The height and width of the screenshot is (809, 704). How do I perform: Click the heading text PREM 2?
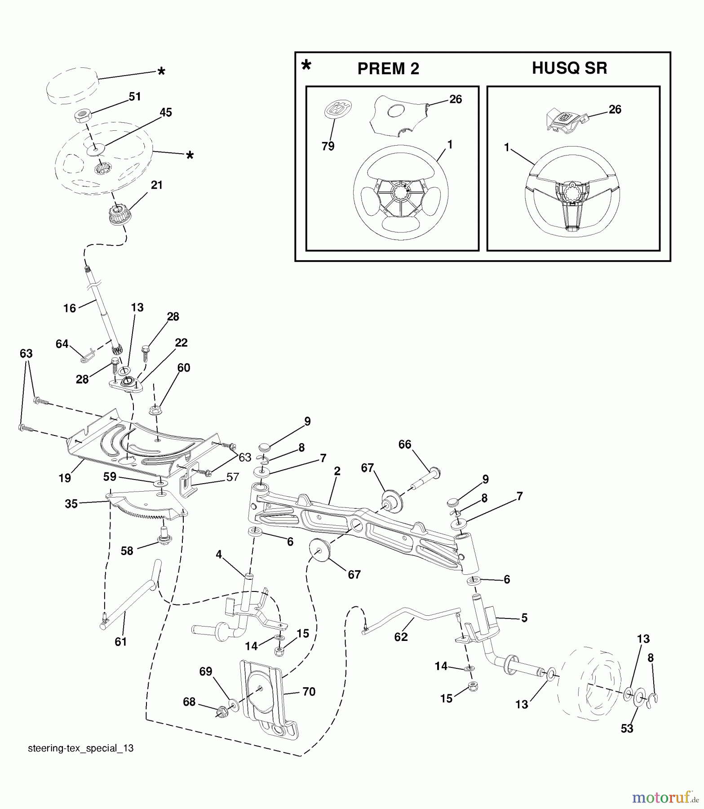(x=388, y=69)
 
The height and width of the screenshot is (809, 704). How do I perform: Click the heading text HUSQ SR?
(x=569, y=68)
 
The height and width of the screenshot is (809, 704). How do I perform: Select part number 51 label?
(x=135, y=97)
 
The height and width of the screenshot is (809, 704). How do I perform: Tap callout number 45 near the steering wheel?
(x=166, y=112)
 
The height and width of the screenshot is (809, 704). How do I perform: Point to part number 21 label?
(x=157, y=185)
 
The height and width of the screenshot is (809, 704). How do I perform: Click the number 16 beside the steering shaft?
(x=70, y=308)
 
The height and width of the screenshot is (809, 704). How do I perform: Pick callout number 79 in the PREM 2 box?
(x=328, y=147)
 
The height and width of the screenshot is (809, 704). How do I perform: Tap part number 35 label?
(x=71, y=504)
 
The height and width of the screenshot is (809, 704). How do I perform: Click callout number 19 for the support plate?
(x=65, y=478)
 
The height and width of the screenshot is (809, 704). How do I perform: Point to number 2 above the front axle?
(x=337, y=471)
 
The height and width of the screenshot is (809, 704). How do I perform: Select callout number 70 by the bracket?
(x=309, y=692)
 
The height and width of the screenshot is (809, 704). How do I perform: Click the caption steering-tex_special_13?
(x=81, y=748)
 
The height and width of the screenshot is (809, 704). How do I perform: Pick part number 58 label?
(x=127, y=551)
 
